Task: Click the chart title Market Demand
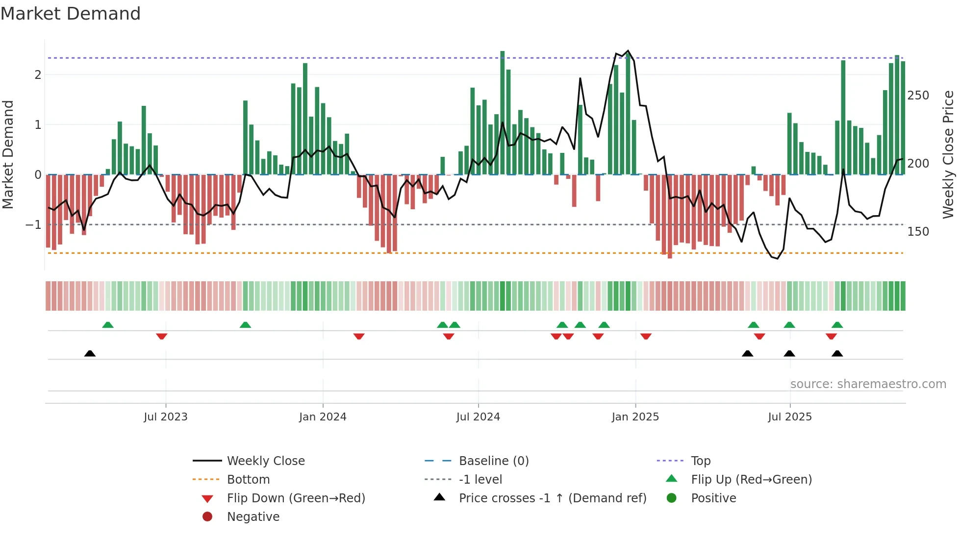(x=71, y=14)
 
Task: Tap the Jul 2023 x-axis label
(x=166, y=417)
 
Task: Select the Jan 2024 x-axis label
(x=323, y=417)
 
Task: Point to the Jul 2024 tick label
(x=478, y=417)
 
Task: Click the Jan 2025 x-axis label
(x=635, y=417)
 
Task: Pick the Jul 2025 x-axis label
(x=790, y=417)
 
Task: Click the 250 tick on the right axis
(x=918, y=96)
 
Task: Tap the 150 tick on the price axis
(x=918, y=232)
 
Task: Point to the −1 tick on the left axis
(x=34, y=225)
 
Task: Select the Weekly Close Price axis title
(x=948, y=154)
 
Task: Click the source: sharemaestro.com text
(x=868, y=384)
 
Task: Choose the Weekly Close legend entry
(x=266, y=461)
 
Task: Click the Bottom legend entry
(x=248, y=480)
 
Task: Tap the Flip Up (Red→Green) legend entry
(x=751, y=480)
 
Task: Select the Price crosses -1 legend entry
(x=553, y=498)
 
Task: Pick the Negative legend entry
(x=253, y=517)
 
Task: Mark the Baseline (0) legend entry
(x=494, y=461)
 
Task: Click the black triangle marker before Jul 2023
(x=90, y=353)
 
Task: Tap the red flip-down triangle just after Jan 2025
(x=646, y=336)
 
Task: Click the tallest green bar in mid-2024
(x=502, y=113)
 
